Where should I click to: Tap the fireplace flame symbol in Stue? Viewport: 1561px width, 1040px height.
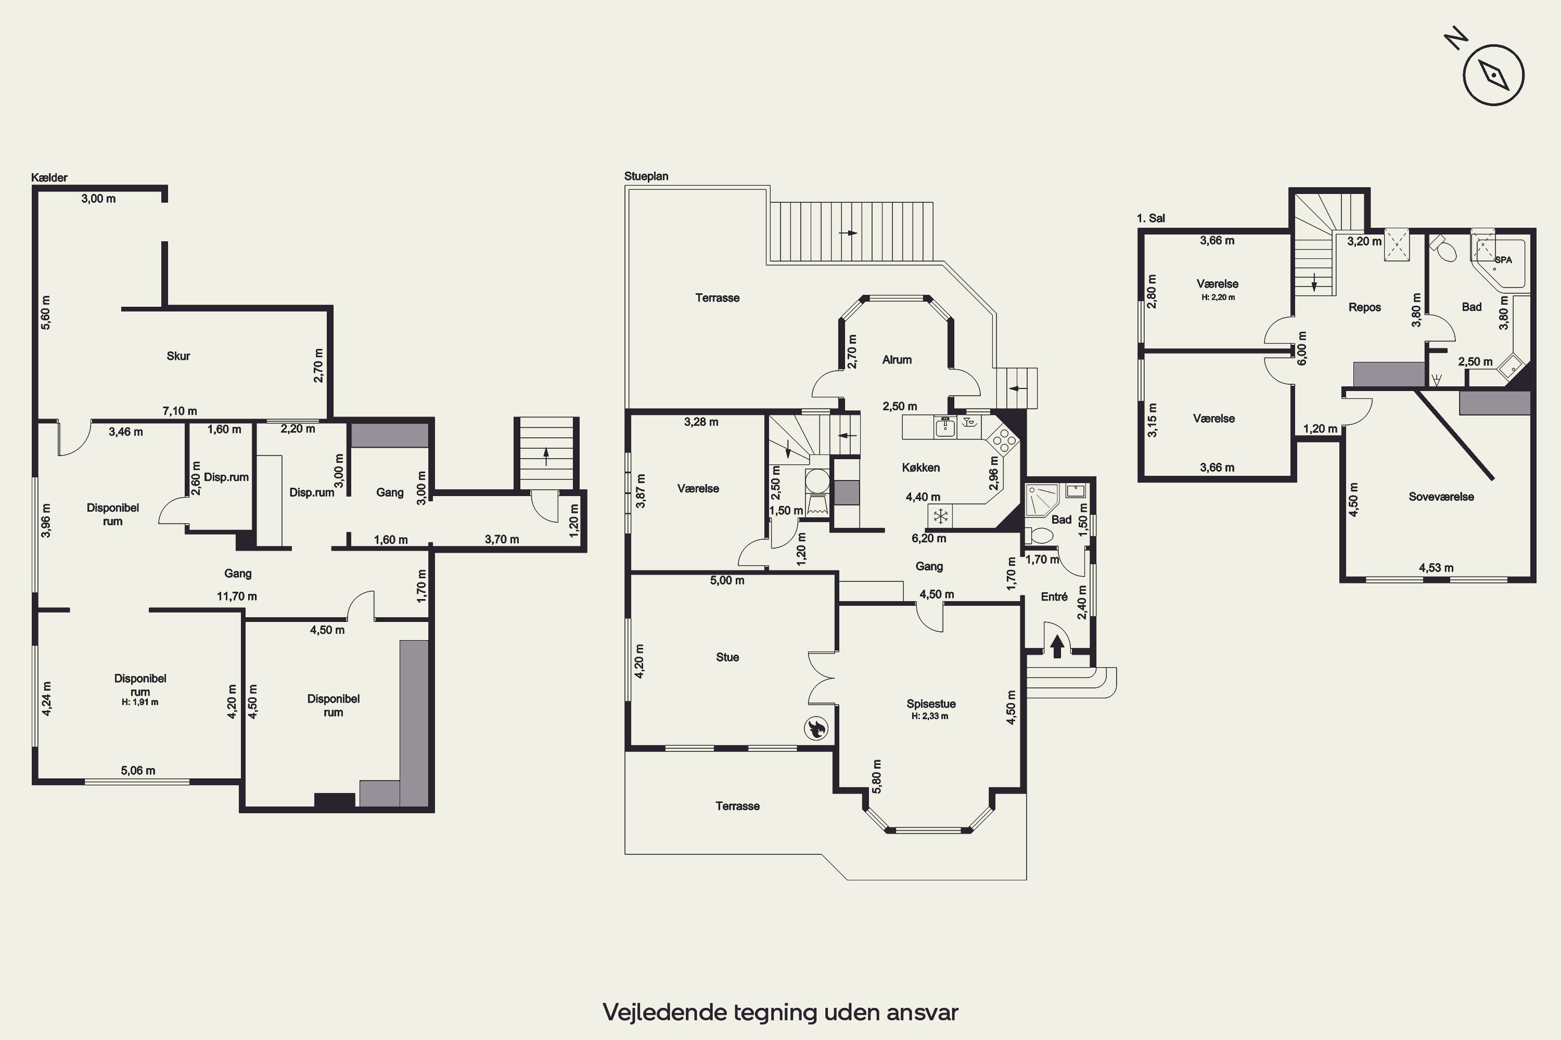[816, 729]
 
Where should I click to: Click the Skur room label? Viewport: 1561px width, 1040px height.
[178, 356]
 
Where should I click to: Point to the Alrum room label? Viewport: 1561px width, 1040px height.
[897, 359]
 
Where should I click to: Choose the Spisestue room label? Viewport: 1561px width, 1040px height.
[930, 704]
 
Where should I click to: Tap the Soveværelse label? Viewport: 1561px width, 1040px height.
[1441, 497]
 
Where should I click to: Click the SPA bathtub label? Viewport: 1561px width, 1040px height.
[1503, 260]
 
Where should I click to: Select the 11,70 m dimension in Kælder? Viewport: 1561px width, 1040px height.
[237, 596]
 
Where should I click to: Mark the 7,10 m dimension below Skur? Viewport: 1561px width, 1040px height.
[180, 411]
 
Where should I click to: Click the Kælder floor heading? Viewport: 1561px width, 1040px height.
[49, 178]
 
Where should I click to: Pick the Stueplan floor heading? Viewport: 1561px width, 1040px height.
[646, 176]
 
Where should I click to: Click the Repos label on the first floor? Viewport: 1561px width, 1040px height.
[1364, 308]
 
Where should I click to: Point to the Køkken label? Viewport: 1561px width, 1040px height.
[920, 467]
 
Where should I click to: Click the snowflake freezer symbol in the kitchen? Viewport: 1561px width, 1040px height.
[940, 515]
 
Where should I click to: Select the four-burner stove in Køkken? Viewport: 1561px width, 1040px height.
[1002, 440]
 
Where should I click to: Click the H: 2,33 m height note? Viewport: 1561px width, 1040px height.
[930, 717]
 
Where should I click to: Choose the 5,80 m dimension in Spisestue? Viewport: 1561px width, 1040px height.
[877, 776]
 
